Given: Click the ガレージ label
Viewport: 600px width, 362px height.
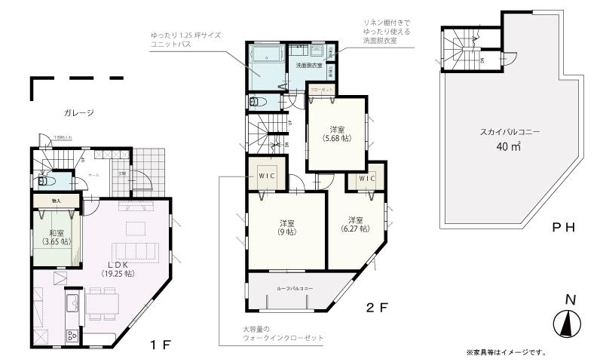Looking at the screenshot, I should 78,113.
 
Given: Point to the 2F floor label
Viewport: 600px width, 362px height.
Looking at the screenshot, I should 376,308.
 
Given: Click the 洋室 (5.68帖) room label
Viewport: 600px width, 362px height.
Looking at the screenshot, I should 335,133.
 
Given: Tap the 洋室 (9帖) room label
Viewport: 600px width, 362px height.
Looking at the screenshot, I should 286,227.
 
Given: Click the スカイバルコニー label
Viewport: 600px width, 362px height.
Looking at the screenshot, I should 510,132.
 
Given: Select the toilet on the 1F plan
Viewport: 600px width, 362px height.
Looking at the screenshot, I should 45,181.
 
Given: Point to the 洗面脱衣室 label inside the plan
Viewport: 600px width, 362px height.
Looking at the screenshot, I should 308,66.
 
